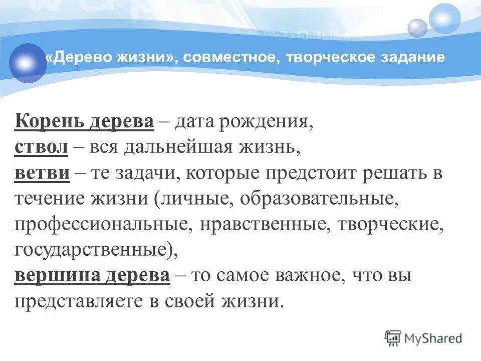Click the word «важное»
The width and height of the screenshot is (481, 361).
(x=321, y=276)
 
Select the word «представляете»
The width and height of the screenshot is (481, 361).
(x=71, y=301)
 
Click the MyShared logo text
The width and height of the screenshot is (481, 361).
(x=434, y=338)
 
